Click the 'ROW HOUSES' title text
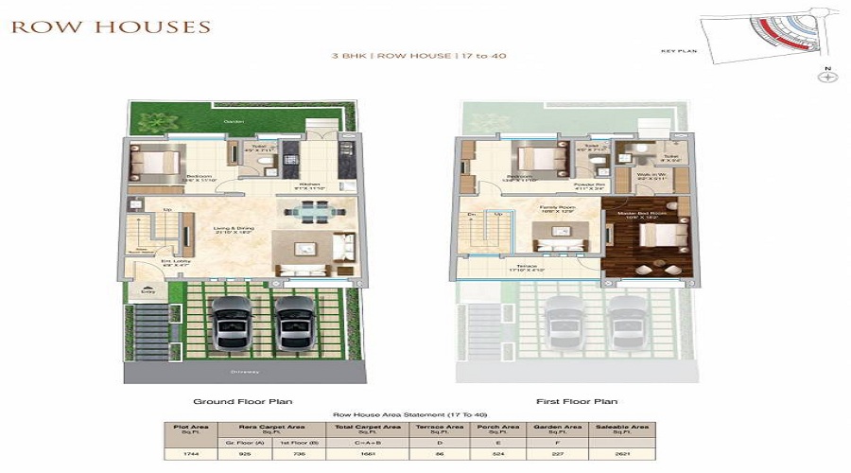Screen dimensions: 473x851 tap(111, 26)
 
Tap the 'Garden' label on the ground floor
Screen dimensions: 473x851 tap(233, 122)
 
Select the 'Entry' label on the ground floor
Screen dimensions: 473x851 tap(146, 291)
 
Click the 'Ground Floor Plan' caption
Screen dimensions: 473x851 tap(234, 401)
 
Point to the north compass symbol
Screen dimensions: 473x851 tap(828, 78)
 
